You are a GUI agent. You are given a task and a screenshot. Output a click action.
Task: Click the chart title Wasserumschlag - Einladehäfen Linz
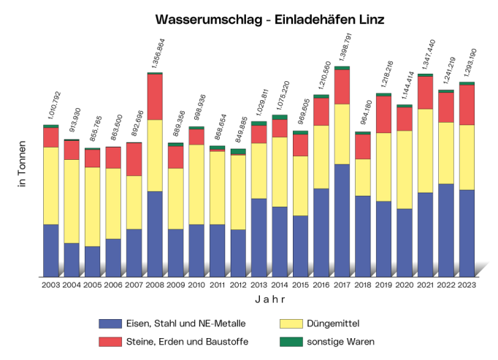click(269, 19)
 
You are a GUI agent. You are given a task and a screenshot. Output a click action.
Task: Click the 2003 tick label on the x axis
click(50, 285)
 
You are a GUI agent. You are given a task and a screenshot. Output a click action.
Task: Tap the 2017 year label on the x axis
click(341, 285)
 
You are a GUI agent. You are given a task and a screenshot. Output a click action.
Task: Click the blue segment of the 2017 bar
click(342, 220)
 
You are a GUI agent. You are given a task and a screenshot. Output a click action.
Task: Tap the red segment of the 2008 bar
click(155, 97)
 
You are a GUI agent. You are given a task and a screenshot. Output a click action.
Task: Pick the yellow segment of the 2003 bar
click(50, 185)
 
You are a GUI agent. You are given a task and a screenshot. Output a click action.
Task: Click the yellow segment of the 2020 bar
click(404, 169)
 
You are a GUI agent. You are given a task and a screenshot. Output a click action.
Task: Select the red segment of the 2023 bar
click(467, 105)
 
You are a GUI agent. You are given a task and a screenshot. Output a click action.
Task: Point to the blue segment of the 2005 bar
click(92, 261)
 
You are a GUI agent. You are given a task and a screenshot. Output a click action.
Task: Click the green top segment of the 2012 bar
click(238, 152)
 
